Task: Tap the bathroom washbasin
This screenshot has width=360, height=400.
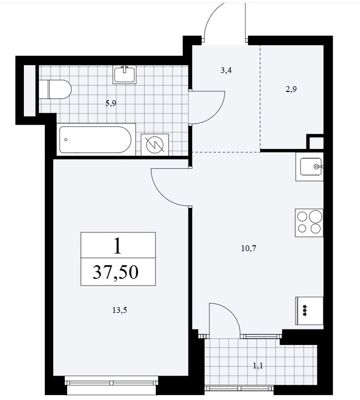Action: point(125,74)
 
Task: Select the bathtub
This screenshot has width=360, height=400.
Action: point(96,139)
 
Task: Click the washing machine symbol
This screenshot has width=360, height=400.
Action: point(155,145)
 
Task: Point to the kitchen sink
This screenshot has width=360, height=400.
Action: point(310,166)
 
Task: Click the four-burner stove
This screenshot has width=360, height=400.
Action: point(309,223)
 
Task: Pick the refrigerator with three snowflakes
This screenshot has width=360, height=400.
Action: point(309,311)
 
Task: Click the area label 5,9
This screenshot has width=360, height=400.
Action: point(111,103)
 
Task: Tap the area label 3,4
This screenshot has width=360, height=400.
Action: point(226,70)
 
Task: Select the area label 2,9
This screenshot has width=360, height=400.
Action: point(291,89)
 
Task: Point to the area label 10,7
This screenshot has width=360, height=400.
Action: point(248,248)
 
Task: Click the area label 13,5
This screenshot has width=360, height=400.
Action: point(119,310)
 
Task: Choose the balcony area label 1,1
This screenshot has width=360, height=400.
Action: point(258,366)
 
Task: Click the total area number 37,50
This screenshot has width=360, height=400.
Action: point(115,272)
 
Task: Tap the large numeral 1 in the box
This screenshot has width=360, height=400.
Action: point(117,245)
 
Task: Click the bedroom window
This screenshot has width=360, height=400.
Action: point(112,383)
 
